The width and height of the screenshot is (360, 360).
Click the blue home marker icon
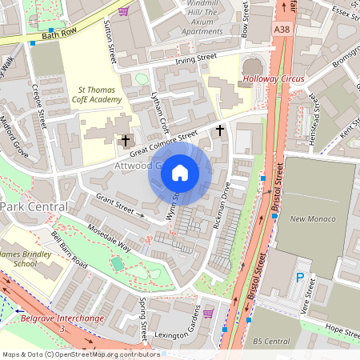pos(180,172)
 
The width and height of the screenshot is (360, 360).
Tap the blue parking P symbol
pos(300,278)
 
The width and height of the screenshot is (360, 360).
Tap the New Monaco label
pos(308,218)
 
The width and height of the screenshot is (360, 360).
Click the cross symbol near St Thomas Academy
pos(125,141)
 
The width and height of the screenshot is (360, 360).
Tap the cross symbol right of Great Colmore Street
pos(220,129)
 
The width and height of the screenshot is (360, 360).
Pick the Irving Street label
pos(197,59)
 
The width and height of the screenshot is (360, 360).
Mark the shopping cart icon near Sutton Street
pos(122,11)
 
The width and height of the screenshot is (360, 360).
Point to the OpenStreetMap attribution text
pos(80,354)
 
